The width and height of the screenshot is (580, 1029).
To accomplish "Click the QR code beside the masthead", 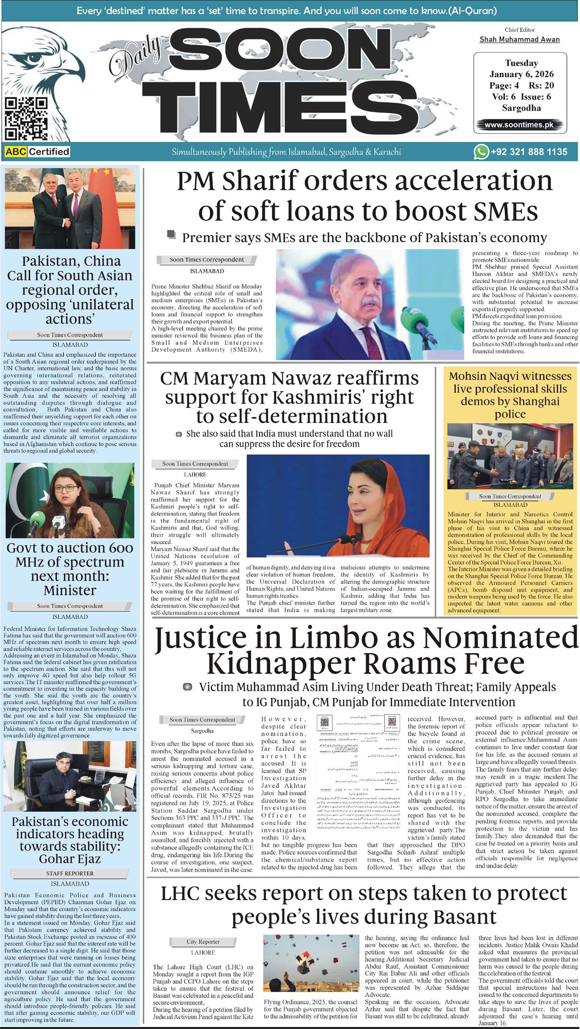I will pos(26,118).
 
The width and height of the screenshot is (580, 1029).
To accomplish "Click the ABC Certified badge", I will pos(37,152).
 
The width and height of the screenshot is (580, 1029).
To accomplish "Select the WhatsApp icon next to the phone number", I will pos(481,152).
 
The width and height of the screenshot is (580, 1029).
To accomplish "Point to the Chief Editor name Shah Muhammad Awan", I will pos(519,39).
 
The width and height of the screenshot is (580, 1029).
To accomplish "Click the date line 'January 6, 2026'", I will pos(521,74).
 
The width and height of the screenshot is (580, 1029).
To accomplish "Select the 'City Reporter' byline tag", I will pos(203,942).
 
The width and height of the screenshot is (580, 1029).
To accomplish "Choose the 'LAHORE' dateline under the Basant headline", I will pos(203,952).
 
